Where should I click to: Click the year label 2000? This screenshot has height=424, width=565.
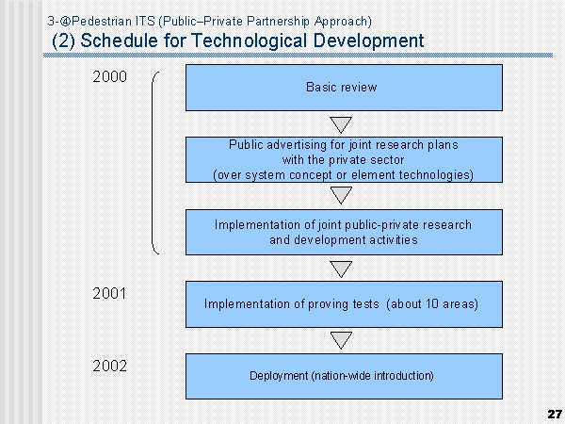(x=109, y=76)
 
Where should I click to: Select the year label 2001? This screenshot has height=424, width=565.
(x=109, y=293)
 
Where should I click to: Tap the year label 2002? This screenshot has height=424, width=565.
(x=109, y=366)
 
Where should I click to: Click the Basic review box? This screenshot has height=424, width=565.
(x=344, y=88)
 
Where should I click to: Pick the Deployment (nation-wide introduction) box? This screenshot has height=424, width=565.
(x=344, y=376)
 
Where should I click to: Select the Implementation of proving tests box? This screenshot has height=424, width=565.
(x=344, y=304)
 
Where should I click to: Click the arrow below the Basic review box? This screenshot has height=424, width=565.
(x=341, y=124)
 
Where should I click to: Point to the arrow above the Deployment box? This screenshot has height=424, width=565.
(x=341, y=340)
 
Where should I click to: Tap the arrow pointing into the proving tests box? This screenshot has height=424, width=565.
(x=341, y=269)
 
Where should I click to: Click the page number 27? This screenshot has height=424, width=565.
(x=555, y=414)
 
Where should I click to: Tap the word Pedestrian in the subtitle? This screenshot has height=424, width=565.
(x=102, y=22)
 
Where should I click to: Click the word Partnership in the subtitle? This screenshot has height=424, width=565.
(x=278, y=22)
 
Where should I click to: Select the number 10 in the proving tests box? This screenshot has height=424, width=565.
(x=431, y=303)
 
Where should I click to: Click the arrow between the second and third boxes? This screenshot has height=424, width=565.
(x=341, y=195)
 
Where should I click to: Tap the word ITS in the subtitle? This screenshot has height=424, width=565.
(x=145, y=22)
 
